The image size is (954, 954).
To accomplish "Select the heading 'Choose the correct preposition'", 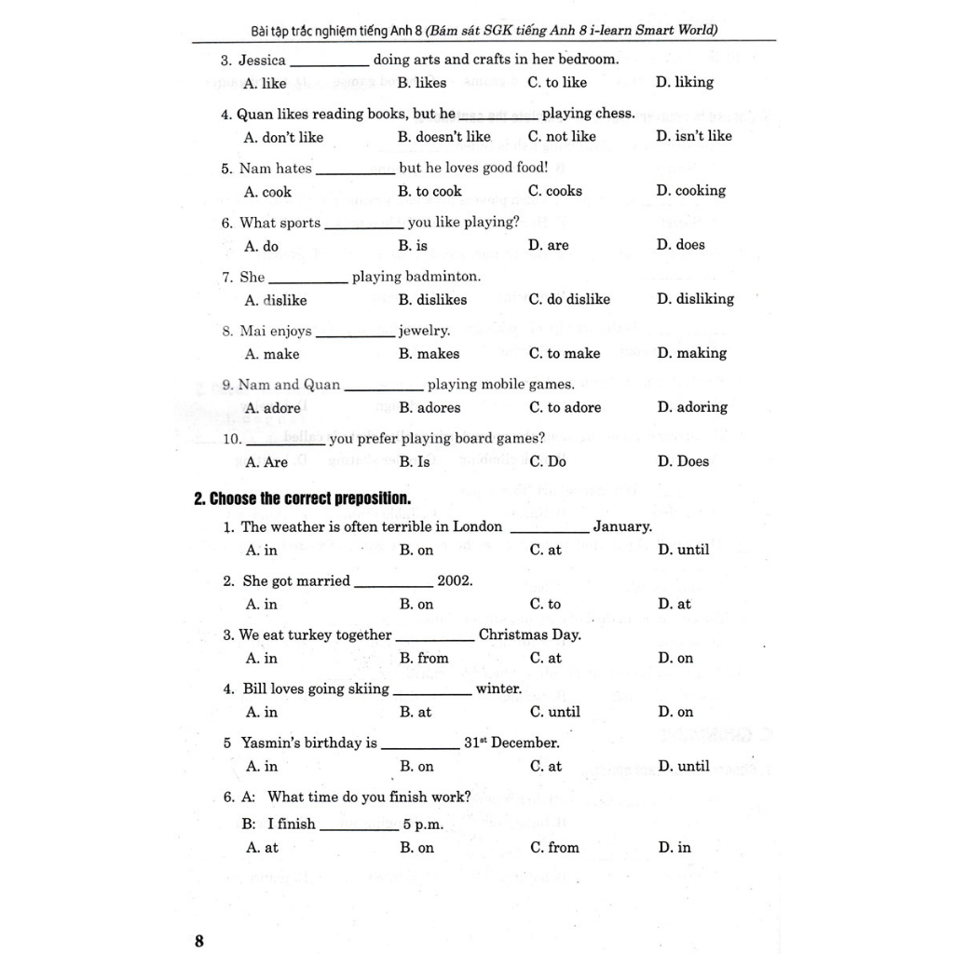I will [302, 498].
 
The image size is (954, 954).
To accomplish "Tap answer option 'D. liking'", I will [685, 82].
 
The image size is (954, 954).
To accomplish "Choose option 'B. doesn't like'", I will [444, 137].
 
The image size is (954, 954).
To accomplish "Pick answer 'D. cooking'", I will [690, 191].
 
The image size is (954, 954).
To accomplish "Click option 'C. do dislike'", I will [569, 299].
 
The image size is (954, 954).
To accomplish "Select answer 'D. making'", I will [691, 353].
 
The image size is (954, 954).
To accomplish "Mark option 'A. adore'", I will [273, 408].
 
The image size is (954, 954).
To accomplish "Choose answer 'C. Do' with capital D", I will [548, 461].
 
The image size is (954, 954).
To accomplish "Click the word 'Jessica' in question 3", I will [263, 60].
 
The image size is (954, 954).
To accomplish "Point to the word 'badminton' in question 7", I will [443, 277].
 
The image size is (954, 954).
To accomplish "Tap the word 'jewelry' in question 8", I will [424, 331].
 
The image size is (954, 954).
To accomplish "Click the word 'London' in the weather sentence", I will [477, 526].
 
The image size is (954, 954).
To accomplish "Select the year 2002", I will [455, 580].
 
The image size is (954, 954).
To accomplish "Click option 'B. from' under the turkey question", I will [424, 658].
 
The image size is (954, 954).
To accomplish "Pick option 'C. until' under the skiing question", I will [555, 712].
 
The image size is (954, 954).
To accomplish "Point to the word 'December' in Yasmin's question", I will [525, 743].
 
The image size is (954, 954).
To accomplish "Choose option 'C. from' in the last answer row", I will [554, 848].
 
